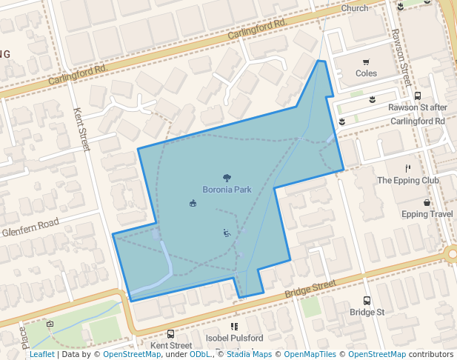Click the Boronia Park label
coord(227,190)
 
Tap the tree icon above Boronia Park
coord(227,178)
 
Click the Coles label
coord(366,73)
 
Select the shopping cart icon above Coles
coord(366,62)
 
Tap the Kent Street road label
coord(81,130)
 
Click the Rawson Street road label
coord(401,57)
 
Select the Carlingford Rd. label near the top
coord(257,29)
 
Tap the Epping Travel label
coord(427,215)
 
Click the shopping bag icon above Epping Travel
coord(427,203)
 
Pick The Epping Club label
coord(408,180)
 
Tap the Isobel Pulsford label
coord(234,339)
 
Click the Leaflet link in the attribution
coord(41,355)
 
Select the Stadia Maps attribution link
coord(249,355)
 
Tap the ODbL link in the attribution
coord(200,355)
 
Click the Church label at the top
coord(355,8)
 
